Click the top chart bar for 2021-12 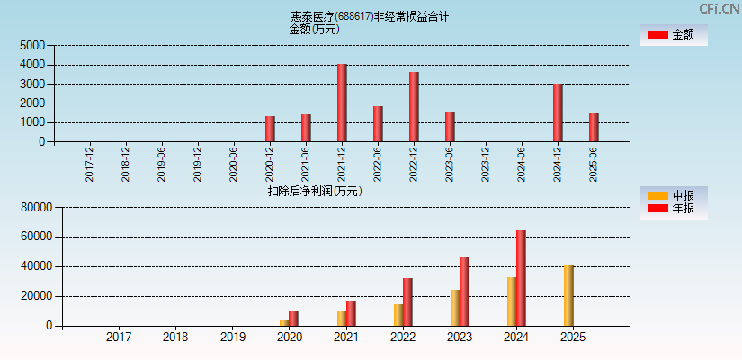(x=342, y=103)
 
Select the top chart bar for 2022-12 (x=414, y=107)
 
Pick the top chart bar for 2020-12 (x=270, y=129)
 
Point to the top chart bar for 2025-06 (x=594, y=128)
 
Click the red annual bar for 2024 (x=521, y=278)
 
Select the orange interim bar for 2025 (x=568, y=295)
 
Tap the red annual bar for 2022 (x=407, y=301)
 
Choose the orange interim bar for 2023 (x=455, y=308)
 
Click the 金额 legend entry (x=673, y=35)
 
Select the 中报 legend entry (x=673, y=196)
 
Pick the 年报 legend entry (x=673, y=209)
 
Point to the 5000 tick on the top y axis (x=32, y=45)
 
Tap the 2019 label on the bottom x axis (x=232, y=337)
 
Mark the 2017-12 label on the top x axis (x=90, y=165)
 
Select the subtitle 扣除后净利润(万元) (x=315, y=191)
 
